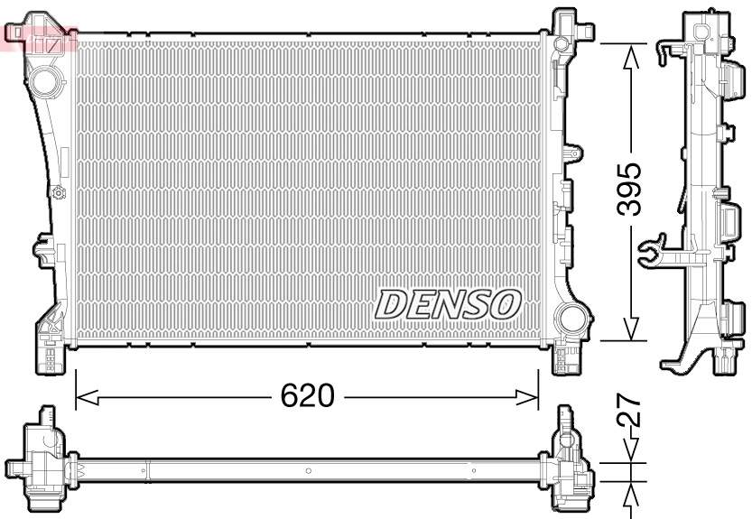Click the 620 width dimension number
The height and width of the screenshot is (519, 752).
[306, 395]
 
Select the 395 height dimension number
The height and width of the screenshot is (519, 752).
[629, 189]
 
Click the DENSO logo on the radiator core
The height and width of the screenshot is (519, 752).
[448, 303]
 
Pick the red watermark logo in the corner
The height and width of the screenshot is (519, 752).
[41, 39]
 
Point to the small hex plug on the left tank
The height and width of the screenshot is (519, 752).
[59, 191]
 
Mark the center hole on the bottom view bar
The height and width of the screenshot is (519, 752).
[308, 470]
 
